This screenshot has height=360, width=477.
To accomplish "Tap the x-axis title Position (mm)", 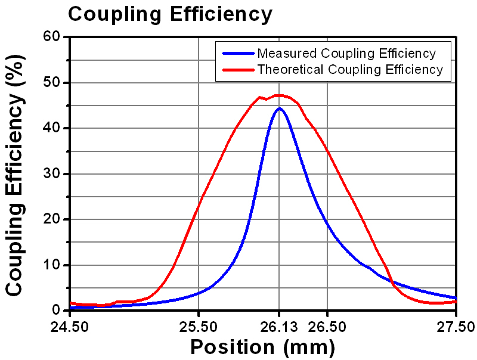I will tap(262, 346).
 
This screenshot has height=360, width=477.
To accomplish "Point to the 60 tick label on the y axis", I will tap(51, 37).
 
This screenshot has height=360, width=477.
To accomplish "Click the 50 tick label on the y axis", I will tap(51, 83).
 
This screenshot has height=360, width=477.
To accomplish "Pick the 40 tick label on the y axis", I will tap(51, 128).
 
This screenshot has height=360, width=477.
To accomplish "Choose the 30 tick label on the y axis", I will tap(51, 174).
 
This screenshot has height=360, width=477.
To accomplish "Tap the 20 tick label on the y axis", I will tap(51, 219).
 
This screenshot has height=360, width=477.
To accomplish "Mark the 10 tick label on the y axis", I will tap(51, 265).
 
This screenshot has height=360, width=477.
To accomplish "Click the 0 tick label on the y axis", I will tap(56, 310).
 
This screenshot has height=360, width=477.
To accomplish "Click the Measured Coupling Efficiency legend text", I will tap(346, 53).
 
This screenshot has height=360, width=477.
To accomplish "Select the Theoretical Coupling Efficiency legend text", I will tap(350, 70).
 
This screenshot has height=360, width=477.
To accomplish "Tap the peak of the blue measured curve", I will tap(278, 108).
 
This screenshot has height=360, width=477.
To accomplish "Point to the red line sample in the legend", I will tap(237, 70).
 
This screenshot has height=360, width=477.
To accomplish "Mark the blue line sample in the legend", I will tap(237, 53).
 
